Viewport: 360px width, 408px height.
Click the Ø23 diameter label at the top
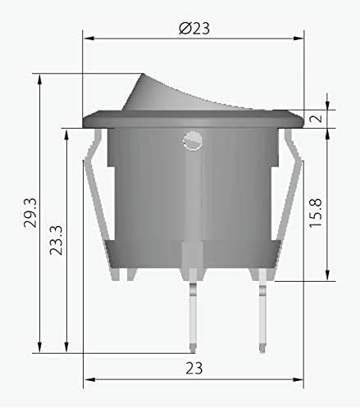[194, 27]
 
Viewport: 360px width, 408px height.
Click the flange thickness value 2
[316, 118]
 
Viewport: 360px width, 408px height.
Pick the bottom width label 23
[194, 368]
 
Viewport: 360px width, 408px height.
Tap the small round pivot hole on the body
[193, 140]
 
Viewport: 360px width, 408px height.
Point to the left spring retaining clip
[99, 205]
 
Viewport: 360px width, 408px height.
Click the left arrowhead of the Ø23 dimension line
[87, 38]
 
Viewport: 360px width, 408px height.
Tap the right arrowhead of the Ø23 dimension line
[300, 38]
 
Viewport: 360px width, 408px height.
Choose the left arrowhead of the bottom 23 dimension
[87, 379]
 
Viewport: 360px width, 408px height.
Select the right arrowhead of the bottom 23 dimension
[300, 379]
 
